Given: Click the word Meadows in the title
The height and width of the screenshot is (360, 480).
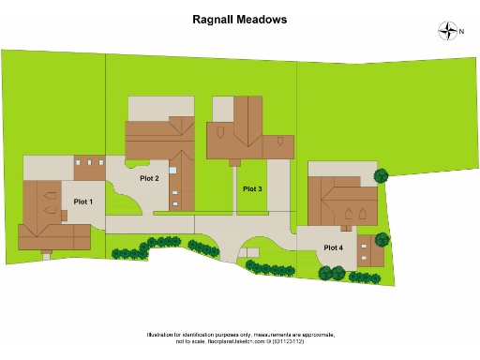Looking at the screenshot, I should click(262, 19).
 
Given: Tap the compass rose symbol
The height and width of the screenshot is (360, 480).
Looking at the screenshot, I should click(446, 32).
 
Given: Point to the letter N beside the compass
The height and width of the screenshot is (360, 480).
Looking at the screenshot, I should click(461, 32).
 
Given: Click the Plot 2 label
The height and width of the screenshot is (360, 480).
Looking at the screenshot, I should click(149, 178).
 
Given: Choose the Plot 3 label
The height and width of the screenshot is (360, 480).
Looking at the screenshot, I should click(252, 189).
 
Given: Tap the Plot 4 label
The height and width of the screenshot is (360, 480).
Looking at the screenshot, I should click(333, 247).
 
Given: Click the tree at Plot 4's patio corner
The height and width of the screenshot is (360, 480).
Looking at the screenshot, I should click(382, 175).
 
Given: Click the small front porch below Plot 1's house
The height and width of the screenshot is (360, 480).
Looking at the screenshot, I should click(47, 254).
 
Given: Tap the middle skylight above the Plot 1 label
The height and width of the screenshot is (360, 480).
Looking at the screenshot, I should click(90, 163).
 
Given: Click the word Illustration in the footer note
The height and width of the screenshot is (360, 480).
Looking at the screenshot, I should click(165, 335).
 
